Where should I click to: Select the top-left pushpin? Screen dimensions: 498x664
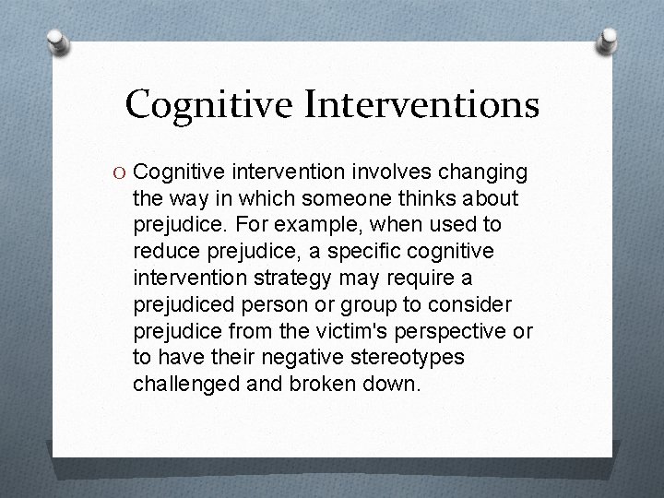coord(58,42)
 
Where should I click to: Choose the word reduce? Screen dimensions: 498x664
coord(163,252)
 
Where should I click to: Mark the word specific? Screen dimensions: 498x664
coord(350,252)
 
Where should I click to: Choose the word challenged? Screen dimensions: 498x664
coord(185,383)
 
